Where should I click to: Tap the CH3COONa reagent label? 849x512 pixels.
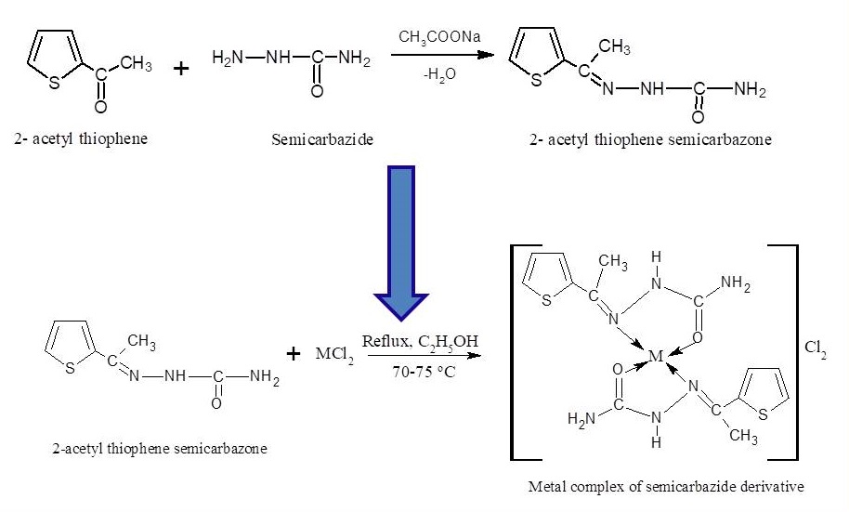tap(436, 37)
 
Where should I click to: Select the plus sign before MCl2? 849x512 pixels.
tap(294, 353)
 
